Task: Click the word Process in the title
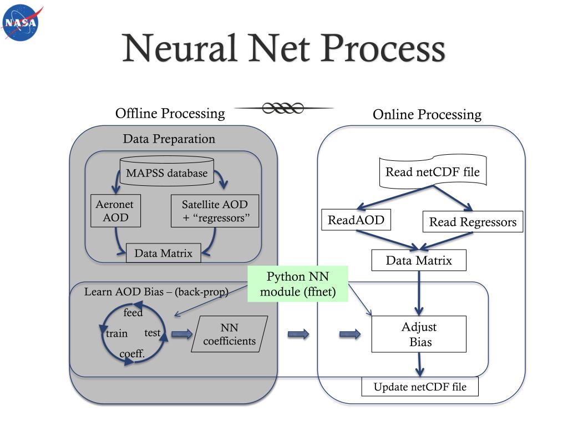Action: point(383,48)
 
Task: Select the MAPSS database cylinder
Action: point(166,172)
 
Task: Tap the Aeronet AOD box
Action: point(115,211)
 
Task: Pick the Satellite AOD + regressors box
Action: point(215,211)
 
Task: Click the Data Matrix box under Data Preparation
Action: point(163,253)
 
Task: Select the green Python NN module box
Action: point(298,284)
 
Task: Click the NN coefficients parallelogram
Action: point(230,334)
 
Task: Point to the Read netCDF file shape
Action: point(433,171)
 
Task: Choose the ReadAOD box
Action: point(356,220)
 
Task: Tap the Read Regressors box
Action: point(473,222)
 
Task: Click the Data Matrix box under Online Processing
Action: point(419,260)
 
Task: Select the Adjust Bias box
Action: point(419,334)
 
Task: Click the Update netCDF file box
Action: point(419,387)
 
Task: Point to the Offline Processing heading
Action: point(170,114)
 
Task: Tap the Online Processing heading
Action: point(427,115)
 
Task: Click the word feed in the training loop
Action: point(133,313)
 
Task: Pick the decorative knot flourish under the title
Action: point(283,108)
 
